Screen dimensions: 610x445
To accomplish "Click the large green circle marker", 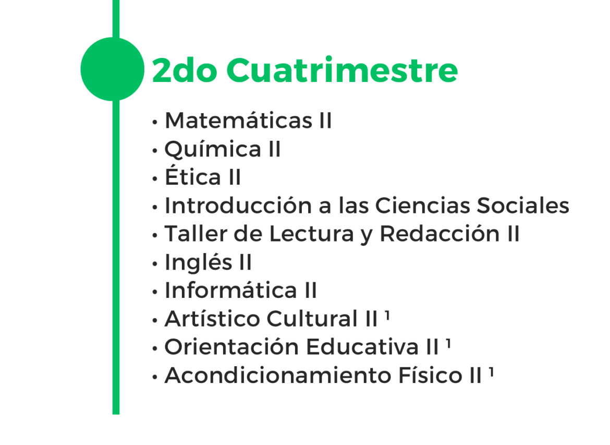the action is (x=113, y=69).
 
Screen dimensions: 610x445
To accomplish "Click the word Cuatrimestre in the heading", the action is (x=342, y=70).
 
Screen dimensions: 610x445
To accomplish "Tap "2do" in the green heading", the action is (x=184, y=70).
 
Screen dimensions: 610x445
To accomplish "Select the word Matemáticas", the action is (x=238, y=121).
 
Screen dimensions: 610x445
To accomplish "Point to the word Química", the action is (x=213, y=150).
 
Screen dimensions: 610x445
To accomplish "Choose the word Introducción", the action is (x=238, y=205).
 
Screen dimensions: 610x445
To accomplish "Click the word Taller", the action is (x=196, y=234).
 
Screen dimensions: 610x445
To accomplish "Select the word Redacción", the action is (x=440, y=234).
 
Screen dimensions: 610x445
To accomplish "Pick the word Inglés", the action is (x=199, y=262).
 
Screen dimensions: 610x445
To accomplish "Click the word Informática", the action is (x=231, y=290).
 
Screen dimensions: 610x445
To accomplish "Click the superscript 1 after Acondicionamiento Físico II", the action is (x=491, y=372).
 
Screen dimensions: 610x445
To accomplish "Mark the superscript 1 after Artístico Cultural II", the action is (x=387, y=315).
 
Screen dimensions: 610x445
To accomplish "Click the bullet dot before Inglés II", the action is (x=155, y=264).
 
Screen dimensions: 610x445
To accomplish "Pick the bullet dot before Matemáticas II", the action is (x=155, y=122).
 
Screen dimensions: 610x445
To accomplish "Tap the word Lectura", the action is (x=311, y=234).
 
